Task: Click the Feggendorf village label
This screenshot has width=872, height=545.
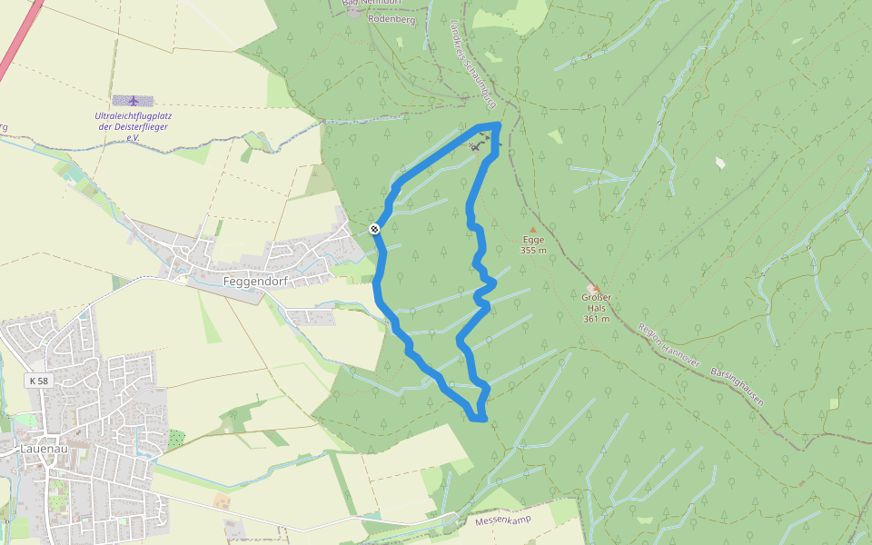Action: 255,282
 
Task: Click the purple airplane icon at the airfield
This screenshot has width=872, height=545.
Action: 134,100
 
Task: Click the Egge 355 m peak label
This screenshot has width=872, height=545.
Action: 533,245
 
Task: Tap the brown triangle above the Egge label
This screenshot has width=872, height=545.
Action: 532,230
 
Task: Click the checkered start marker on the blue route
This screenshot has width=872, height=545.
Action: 374,229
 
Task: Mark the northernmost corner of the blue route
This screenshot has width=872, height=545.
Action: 497,124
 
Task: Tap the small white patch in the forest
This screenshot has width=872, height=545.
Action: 721,163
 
